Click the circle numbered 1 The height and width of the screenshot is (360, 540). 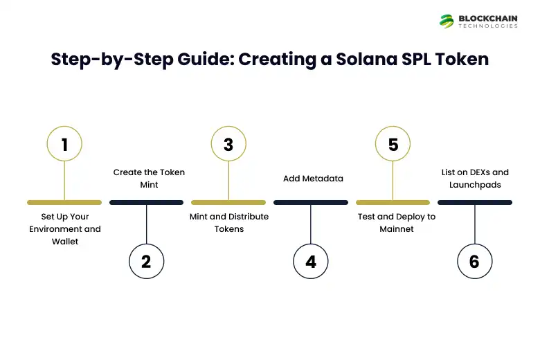[64, 145]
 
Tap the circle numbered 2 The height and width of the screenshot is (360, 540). [146, 261]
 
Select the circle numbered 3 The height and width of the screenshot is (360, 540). [228, 145]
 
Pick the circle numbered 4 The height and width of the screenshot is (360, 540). [311, 261]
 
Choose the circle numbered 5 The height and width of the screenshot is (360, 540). [393, 145]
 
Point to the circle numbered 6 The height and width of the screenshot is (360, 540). [474, 261]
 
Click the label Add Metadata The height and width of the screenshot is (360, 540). [313, 179]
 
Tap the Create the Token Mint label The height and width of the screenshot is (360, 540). [149, 179]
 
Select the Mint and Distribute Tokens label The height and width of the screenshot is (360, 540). [229, 222]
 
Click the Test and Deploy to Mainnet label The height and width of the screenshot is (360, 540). [397, 222]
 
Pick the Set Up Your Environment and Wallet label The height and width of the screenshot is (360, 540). [65, 229]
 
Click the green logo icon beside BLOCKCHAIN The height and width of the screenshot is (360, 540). [447, 21]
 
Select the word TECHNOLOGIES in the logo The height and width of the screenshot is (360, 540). [488, 26]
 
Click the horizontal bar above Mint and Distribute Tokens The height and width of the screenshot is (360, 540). [228, 203]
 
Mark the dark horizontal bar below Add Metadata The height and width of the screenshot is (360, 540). [311, 203]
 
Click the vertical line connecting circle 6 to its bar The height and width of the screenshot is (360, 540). [474, 224]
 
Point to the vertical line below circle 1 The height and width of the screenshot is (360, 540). [64, 181]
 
